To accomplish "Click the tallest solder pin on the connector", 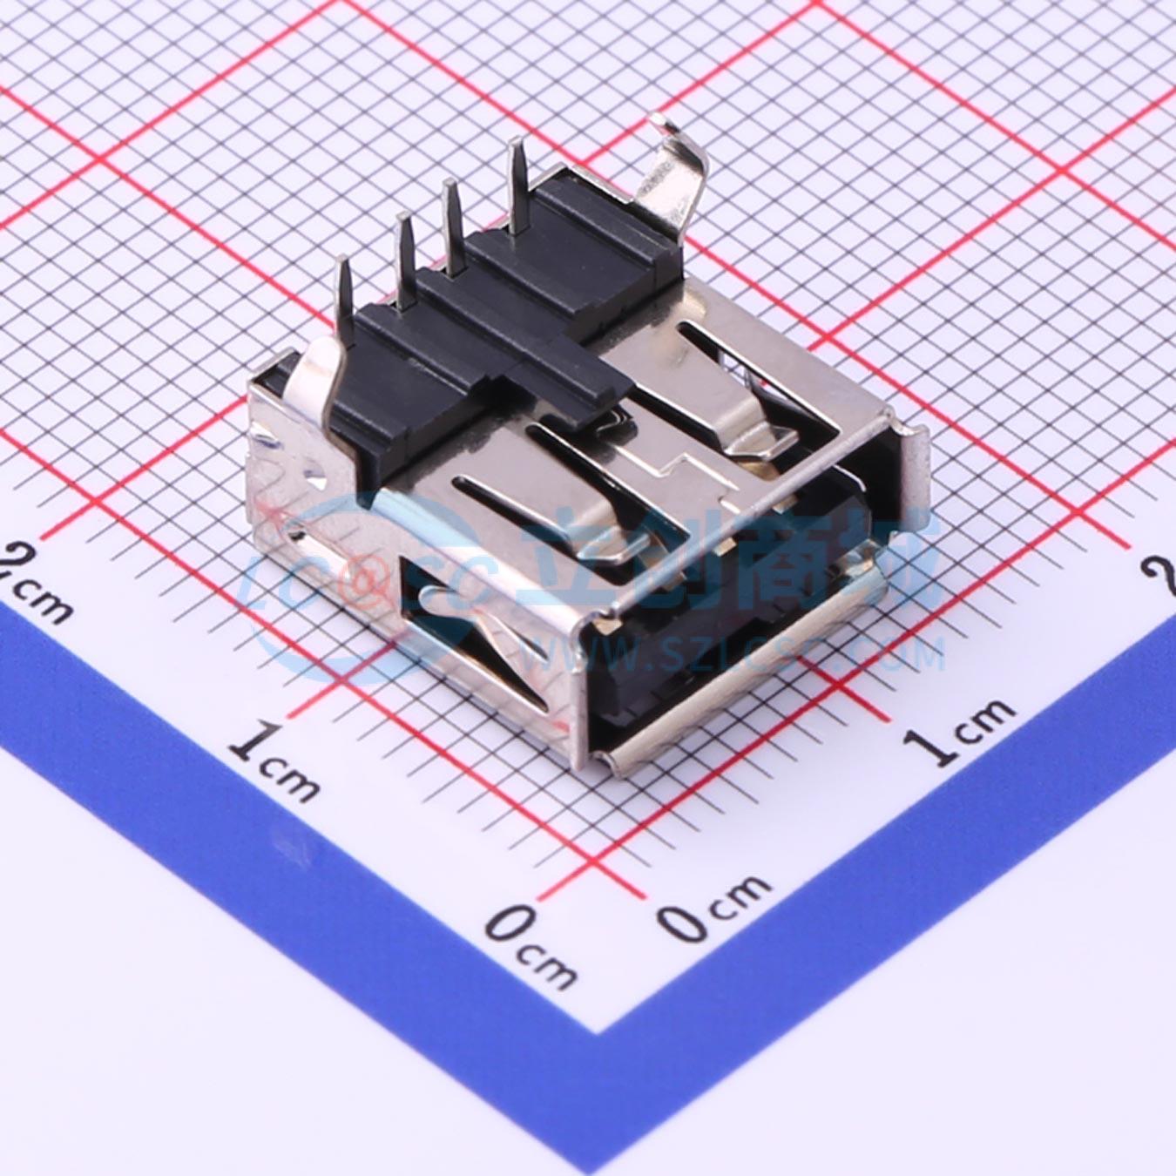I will point(517,187).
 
